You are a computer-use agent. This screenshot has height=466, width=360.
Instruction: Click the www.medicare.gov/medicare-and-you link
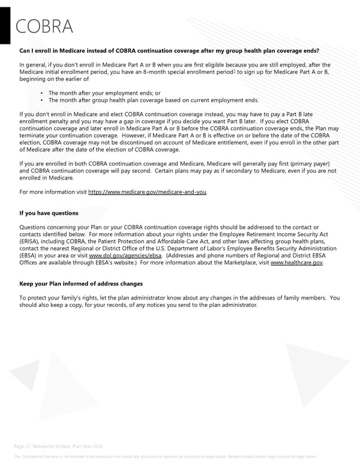click(148, 192)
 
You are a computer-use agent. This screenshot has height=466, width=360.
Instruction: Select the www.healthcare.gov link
click(297, 262)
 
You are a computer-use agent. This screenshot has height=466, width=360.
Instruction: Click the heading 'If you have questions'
click(49, 213)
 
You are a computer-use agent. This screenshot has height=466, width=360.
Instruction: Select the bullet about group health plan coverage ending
click(154, 100)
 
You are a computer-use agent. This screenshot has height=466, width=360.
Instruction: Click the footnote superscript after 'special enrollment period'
click(235, 70)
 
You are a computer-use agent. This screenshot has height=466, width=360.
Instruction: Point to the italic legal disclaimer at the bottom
click(165, 456)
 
